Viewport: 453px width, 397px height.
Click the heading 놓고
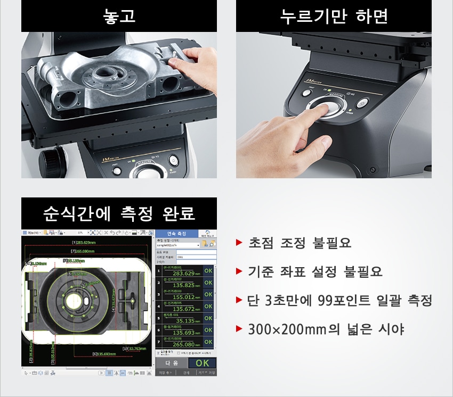[119, 16]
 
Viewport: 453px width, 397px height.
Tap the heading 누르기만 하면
[334, 16]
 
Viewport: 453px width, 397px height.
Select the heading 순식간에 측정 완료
[119, 214]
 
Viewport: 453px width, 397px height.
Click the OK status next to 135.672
[208, 307]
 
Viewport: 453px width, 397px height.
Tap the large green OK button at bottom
[203, 363]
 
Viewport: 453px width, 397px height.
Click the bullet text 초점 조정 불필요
[300, 244]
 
